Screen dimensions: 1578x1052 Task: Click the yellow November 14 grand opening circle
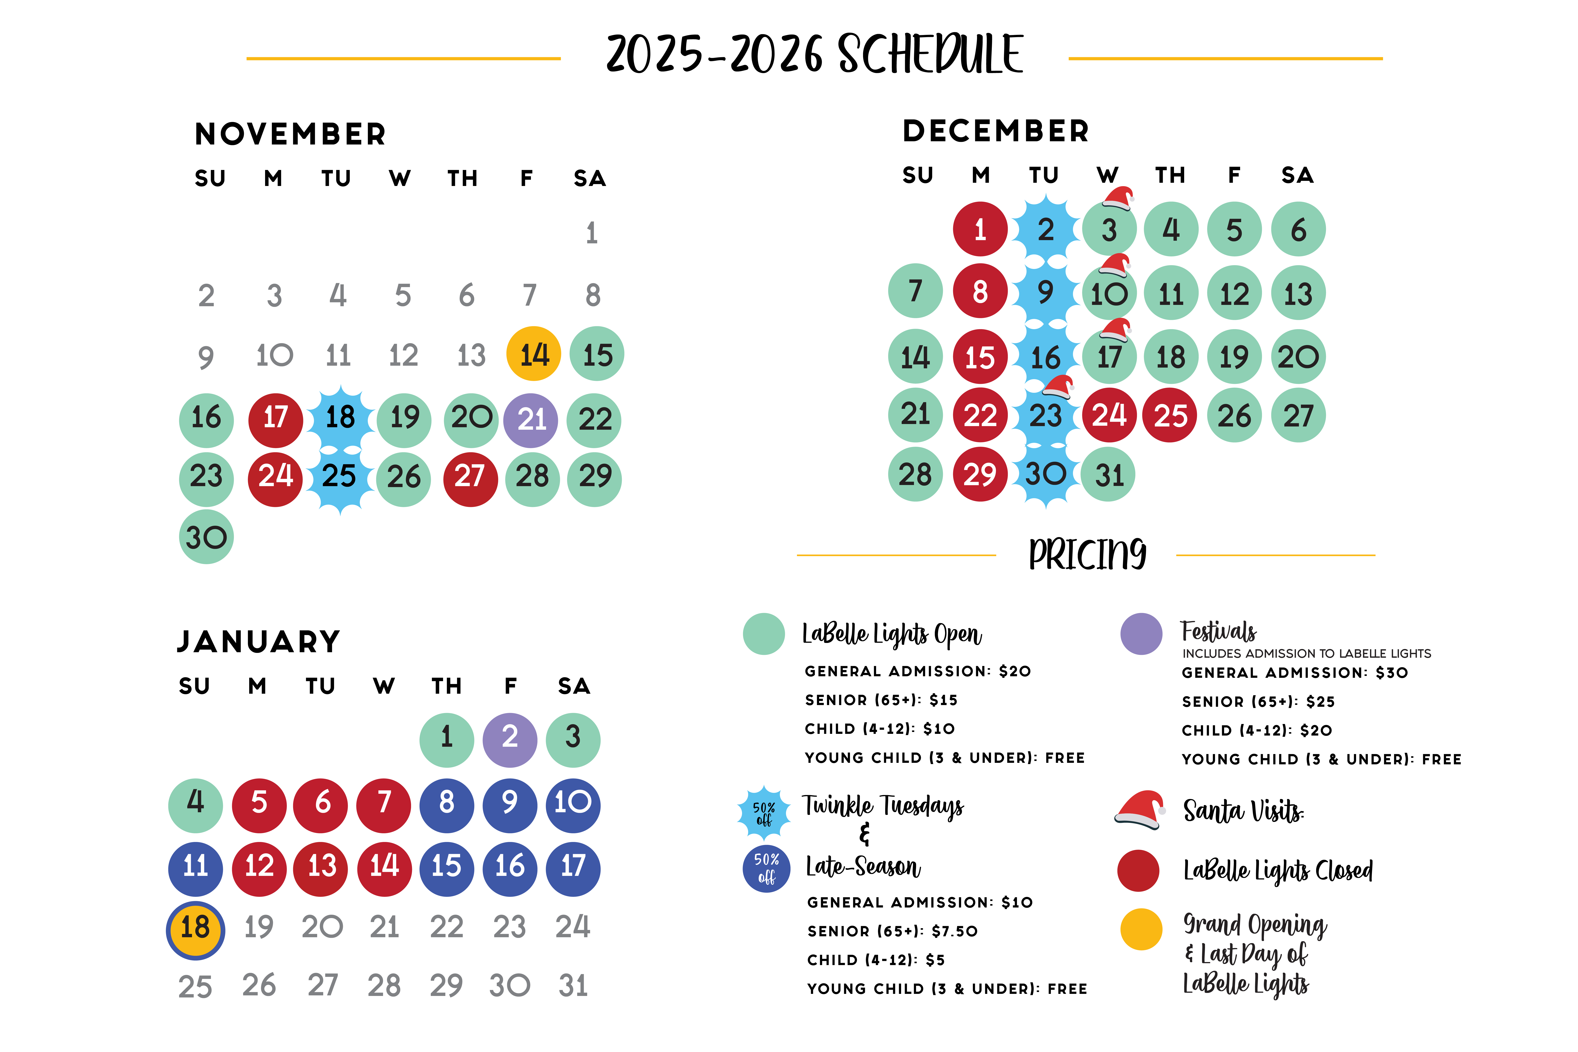pyautogui.click(x=533, y=354)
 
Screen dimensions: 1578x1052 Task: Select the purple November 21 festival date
pyautogui.click(x=531, y=420)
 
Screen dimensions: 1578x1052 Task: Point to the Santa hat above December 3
pyautogui.click(x=1117, y=199)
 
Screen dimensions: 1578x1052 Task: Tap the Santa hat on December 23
pyautogui.click(x=1058, y=387)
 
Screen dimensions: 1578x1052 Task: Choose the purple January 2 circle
pyautogui.click(x=510, y=739)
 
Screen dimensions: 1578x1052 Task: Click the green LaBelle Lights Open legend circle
pyautogui.click(x=764, y=633)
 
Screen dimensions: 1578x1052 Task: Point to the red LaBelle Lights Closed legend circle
pyautogui.click(x=1138, y=870)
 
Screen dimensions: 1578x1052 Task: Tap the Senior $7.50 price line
pyautogui.click(x=893, y=931)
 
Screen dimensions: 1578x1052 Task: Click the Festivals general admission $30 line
pyautogui.click(x=1294, y=672)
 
